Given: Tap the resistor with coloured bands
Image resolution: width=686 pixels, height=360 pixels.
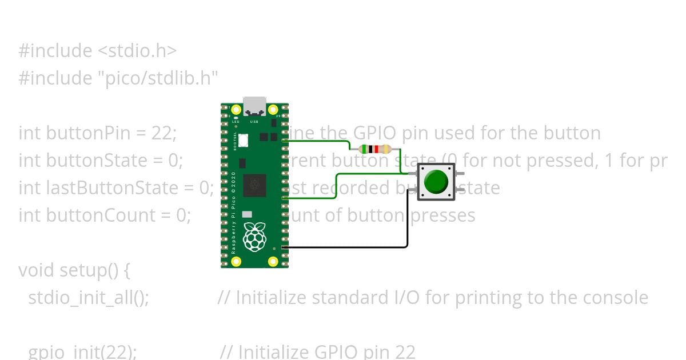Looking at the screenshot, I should (x=375, y=149).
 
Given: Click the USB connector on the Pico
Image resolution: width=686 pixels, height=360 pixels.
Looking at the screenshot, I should (x=254, y=106).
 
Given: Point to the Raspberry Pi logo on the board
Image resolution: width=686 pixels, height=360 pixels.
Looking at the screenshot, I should (x=254, y=237).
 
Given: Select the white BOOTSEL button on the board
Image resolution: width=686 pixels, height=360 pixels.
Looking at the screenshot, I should (x=243, y=139).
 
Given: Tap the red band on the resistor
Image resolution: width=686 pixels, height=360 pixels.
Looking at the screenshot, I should (x=377, y=149).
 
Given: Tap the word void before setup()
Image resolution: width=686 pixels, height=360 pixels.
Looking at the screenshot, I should (x=37, y=270).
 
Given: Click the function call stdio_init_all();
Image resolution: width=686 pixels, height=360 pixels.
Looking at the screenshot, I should (x=89, y=298).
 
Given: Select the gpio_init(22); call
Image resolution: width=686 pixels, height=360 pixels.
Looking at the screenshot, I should (x=82, y=351).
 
